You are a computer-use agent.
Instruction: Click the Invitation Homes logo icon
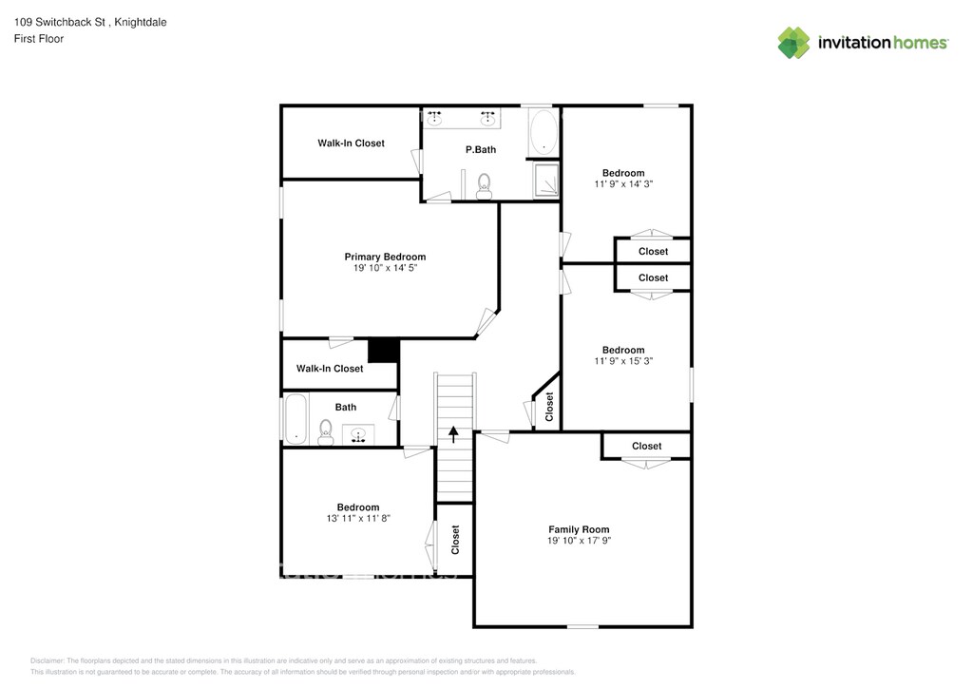coord(794,43)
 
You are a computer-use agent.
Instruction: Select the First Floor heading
coord(39,39)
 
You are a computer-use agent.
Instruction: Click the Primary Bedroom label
coord(385,257)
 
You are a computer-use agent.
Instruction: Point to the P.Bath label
coord(481,149)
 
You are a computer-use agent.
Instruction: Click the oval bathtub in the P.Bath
coord(543,132)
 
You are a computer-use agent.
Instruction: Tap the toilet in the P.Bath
coord(484,183)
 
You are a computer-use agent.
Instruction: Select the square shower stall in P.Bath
coord(546,181)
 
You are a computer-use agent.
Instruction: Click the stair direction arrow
coord(453,434)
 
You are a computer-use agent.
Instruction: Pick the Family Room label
coord(579,529)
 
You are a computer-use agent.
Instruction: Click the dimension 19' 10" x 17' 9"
coord(579,541)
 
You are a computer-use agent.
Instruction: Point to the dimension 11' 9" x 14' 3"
coord(623,184)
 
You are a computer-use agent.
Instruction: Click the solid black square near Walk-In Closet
coord(383,351)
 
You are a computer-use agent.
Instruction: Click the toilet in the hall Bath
coord(326,432)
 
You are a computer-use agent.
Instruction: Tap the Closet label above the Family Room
coord(646,446)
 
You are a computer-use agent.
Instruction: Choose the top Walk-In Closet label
coord(351,143)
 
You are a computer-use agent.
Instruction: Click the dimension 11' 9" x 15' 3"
coord(623,361)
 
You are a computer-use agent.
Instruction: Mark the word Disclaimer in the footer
coord(47,660)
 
